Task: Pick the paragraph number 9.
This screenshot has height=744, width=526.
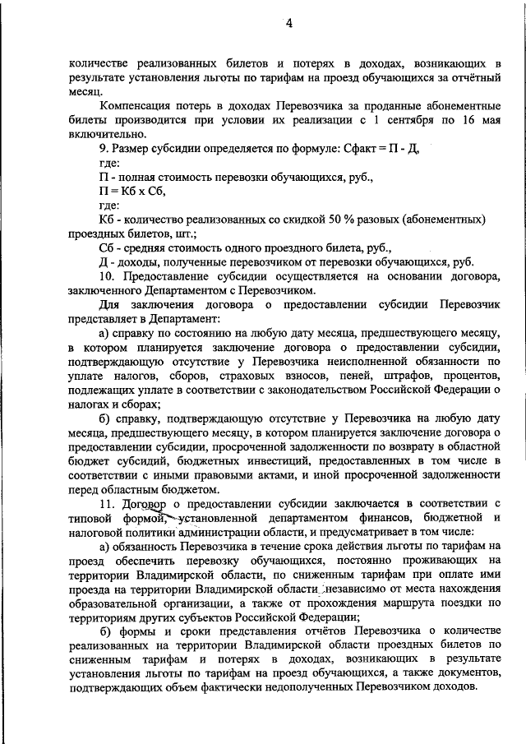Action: (101, 148)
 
